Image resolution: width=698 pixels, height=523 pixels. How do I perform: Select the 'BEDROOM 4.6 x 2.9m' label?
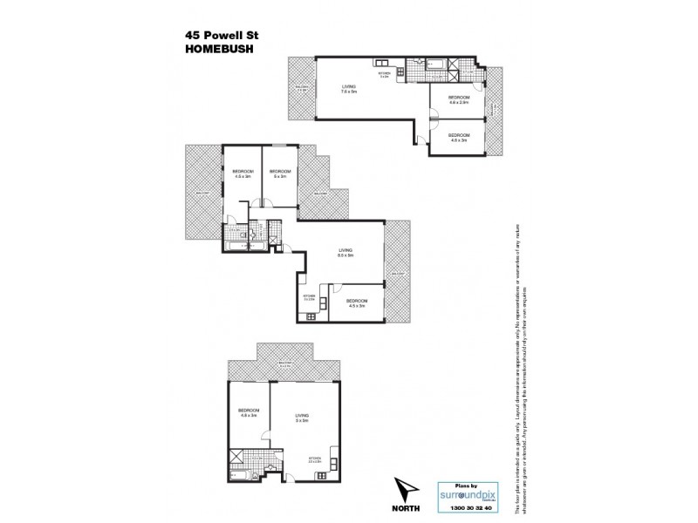[459, 99]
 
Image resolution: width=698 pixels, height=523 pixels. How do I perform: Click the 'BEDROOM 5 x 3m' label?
[279, 173]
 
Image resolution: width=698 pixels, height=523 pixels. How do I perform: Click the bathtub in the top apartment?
[436, 64]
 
